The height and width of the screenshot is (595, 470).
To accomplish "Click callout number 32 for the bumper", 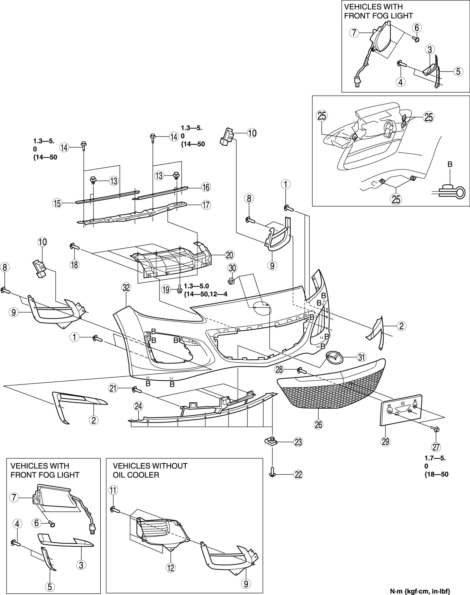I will coord(126,287).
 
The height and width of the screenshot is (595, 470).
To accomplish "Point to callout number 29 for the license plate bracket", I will coord(385,441).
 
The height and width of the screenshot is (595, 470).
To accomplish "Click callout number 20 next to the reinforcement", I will coord(229,254).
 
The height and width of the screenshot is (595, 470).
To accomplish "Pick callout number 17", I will coord(206,205).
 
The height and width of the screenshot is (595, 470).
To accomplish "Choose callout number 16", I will coord(205,187).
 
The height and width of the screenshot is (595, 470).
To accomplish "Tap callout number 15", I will coord(57,203).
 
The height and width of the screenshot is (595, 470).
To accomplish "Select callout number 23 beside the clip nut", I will coord(298,442).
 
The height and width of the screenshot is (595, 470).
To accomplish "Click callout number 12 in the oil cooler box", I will coord(170,567).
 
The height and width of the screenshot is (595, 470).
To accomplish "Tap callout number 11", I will coord(113,490).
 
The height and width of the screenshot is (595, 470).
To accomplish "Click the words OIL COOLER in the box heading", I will coord(136,475).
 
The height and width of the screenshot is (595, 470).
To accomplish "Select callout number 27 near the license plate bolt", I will coord(436,447).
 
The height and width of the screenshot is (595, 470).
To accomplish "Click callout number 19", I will coord(166,290).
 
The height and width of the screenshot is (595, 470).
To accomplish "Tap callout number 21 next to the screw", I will coord(113,387).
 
